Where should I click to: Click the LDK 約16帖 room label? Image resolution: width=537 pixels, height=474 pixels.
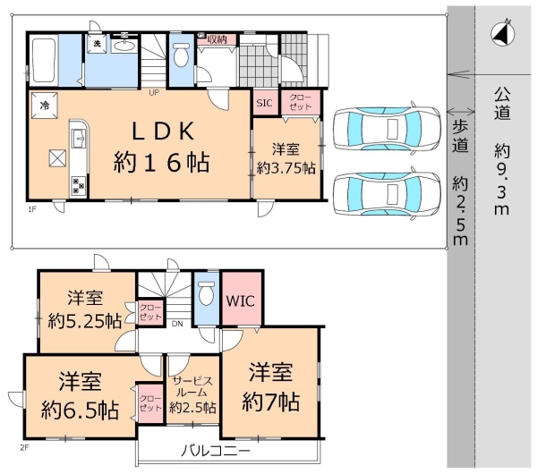point(161,147)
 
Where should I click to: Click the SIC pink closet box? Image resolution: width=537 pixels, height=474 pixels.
point(264,103)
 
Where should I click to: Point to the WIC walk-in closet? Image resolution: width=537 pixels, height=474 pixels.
point(239,301)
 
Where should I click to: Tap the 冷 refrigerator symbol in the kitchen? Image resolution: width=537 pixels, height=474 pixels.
point(44,104)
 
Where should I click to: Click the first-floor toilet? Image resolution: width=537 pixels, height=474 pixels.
point(182,57)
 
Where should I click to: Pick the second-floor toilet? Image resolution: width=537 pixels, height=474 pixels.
point(207,292)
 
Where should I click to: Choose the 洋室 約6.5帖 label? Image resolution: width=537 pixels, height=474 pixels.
point(79,396)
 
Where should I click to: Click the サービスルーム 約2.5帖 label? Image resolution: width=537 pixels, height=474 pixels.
point(192,393)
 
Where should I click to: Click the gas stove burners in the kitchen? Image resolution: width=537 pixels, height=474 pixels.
point(78,185)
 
